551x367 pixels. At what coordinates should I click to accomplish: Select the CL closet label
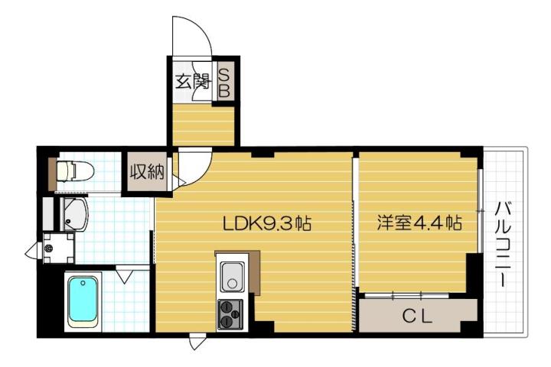(417, 314)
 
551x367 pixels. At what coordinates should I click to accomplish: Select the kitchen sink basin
(232, 276)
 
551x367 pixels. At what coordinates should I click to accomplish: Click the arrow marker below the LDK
(197, 343)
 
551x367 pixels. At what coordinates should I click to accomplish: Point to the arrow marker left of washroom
(32, 250)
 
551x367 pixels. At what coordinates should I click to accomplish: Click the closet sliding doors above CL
(406, 293)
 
